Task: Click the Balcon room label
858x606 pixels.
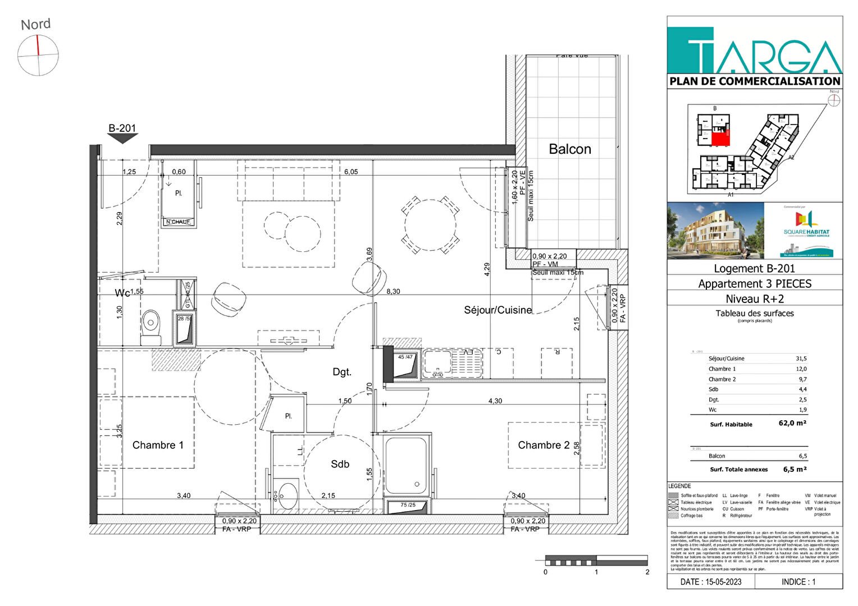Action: (x=569, y=149)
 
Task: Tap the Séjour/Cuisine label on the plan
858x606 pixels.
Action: (x=498, y=310)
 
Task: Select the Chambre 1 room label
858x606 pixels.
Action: (x=158, y=445)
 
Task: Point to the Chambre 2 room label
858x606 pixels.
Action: (x=543, y=445)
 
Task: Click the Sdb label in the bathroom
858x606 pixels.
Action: (x=340, y=464)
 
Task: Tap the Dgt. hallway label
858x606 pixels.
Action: (x=341, y=372)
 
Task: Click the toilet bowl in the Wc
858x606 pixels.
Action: (x=150, y=324)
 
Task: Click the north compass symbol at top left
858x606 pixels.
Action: (x=38, y=55)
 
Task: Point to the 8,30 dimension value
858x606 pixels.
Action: (x=393, y=292)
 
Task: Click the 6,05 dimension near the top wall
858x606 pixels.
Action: (x=350, y=172)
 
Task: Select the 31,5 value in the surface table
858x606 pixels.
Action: (x=801, y=359)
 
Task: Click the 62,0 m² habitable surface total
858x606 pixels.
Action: (x=792, y=423)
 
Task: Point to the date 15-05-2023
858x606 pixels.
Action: (x=710, y=582)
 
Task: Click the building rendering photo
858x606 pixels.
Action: (x=715, y=231)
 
